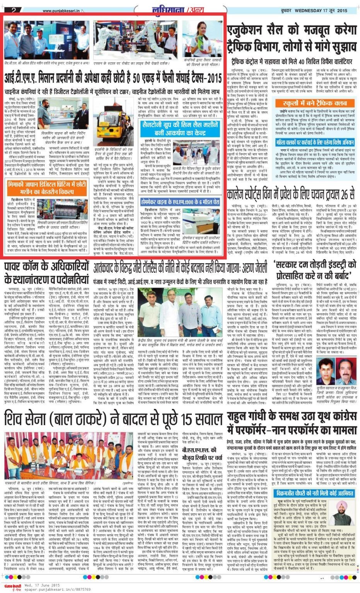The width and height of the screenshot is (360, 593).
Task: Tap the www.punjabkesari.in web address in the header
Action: pyautogui.click(x=61, y=10)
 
